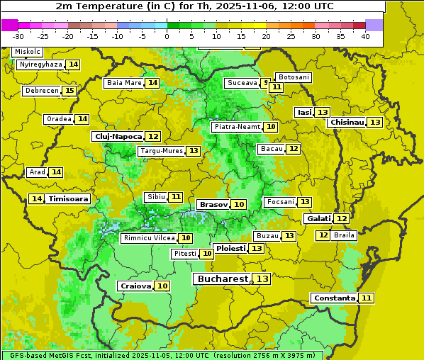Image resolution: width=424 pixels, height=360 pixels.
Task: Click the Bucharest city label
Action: (223, 279)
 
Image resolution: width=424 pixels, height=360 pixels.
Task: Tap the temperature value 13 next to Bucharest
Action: (262, 279)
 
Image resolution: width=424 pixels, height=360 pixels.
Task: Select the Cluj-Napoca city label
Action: (117, 136)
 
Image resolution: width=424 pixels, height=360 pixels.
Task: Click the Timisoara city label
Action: (68, 199)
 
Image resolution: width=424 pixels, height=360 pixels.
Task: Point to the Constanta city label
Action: (334, 298)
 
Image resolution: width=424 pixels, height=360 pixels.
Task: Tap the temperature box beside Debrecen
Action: (69, 91)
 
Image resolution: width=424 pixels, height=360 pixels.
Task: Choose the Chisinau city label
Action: (347, 122)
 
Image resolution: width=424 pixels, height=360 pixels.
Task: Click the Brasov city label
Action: (213, 204)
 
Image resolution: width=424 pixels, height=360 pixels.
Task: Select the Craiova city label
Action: (135, 286)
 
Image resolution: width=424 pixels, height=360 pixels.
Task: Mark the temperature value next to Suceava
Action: (265, 83)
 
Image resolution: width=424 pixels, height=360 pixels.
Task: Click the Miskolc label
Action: (28, 52)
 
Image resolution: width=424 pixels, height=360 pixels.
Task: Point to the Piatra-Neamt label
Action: (237, 127)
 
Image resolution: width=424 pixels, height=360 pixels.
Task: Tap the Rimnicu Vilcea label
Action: (147, 238)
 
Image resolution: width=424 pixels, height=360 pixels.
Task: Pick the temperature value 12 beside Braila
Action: (323, 235)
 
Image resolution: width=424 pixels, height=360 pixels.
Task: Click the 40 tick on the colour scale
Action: (365, 36)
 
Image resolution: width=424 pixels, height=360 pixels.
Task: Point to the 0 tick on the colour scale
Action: (167, 36)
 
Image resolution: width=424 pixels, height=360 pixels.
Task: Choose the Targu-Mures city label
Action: (161, 151)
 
